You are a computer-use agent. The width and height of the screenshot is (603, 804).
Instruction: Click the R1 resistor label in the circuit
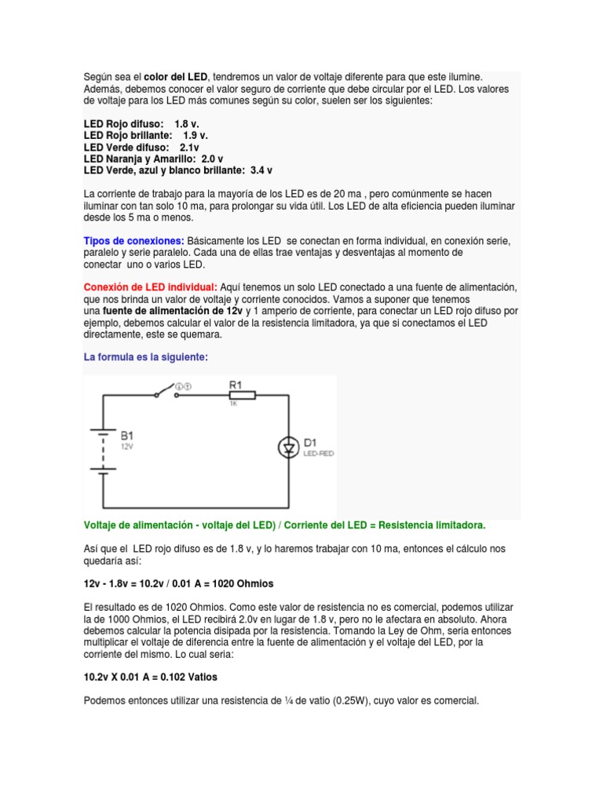[236, 384]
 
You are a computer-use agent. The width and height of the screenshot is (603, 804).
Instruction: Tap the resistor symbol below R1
[242, 396]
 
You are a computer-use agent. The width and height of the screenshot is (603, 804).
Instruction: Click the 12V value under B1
[127, 445]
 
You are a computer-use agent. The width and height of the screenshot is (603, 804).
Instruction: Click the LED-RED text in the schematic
[319, 454]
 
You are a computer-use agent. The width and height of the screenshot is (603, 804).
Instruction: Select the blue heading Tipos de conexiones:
[134, 239]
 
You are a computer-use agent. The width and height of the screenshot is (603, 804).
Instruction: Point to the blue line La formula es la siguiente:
[146, 356]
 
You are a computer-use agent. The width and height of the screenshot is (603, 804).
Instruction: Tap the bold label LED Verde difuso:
[126, 147]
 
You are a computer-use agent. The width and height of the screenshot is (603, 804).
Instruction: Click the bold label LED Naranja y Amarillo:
[141, 159]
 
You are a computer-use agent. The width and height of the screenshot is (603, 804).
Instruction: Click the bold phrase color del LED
[177, 76]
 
